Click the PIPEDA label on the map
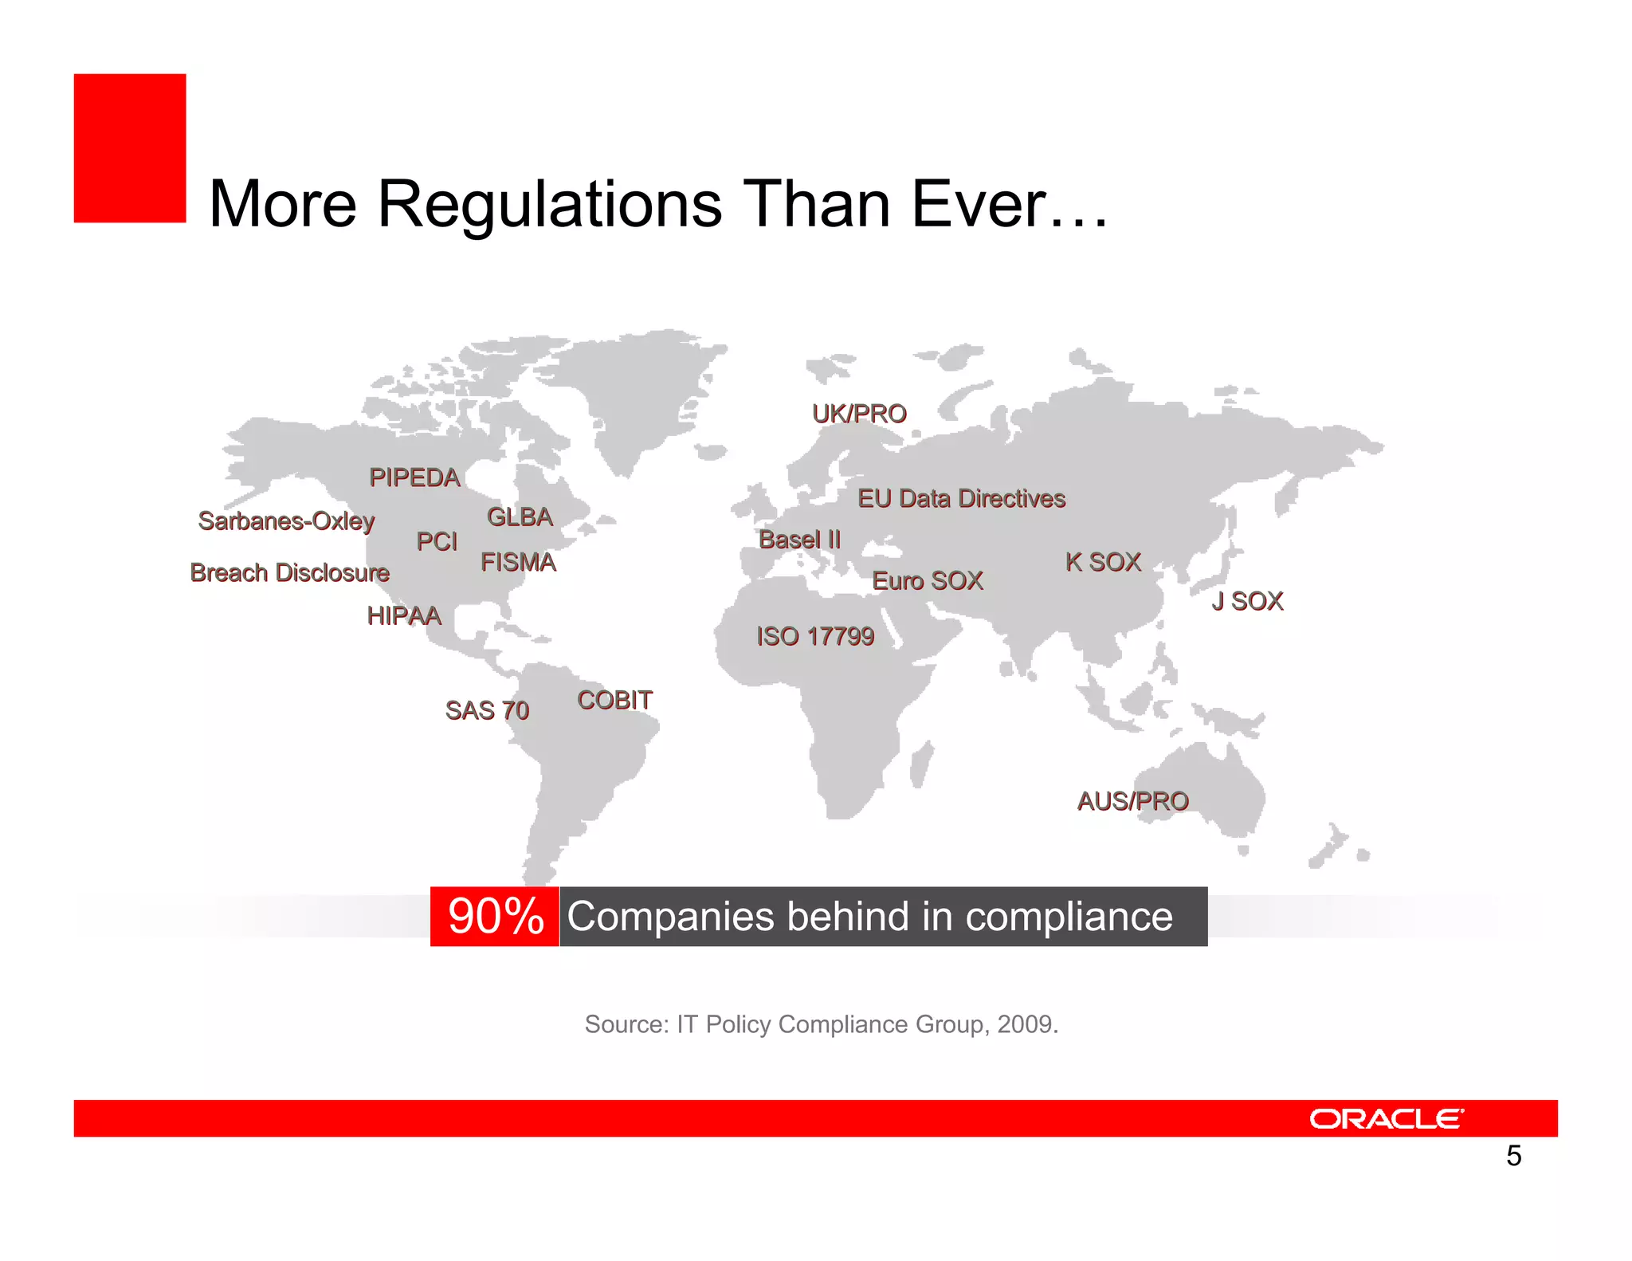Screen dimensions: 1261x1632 (x=414, y=477)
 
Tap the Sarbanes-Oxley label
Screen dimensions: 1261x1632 (x=286, y=521)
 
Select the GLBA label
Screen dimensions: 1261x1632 (x=520, y=517)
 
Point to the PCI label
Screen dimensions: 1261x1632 (x=437, y=541)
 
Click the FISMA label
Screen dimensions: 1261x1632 (x=518, y=562)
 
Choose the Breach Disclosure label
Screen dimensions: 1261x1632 (x=289, y=572)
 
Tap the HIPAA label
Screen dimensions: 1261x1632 (x=404, y=615)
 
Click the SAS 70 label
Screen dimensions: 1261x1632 (x=487, y=709)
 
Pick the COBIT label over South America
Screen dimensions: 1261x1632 (x=614, y=700)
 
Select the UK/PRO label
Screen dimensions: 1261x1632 (x=859, y=413)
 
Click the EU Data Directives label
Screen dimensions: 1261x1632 (x=961, y=498)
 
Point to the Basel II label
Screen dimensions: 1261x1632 (x=799, y=540)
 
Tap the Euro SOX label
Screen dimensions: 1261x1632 (x=928, y=580)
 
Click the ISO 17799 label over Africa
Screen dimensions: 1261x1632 (x=814, y=636)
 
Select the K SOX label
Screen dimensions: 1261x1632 (x=1103, y=562)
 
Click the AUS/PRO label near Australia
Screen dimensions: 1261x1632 (x=1132, y=800)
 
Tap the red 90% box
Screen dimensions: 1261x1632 (x=495, y=916)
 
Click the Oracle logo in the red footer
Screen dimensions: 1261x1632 (x=1386, y=1118)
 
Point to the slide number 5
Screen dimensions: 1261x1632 (x=1513, y=1155)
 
